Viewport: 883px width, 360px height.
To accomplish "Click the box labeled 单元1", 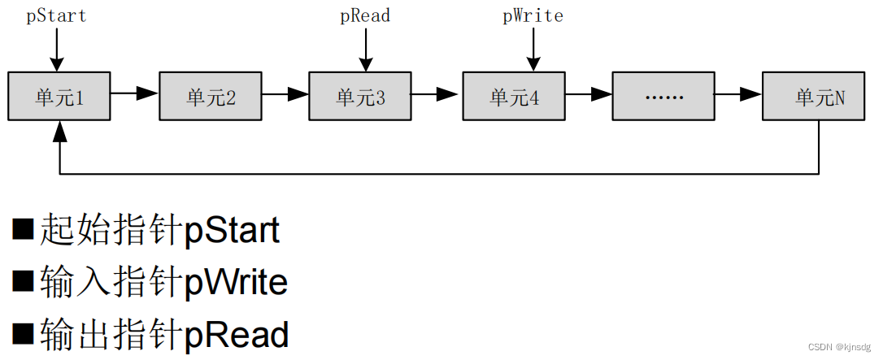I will pyautogui.click(x=59, y=97).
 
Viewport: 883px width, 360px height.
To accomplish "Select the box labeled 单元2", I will pyautogui.click(x=211, y=97).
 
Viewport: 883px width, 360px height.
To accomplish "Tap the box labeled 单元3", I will pyautogui.click(x=360, y=97).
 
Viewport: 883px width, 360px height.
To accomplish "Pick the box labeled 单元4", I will pyautogui.click(x=514, y=97).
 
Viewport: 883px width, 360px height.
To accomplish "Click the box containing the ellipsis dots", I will pyautogui.click(x=663, y=97).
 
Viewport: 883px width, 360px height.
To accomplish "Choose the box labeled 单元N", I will pyautogui.click(x=814, y=97).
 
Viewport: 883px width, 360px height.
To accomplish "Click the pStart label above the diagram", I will pyautogui.click(x=56, y=15).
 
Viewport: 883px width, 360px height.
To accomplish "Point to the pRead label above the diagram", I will pyautogui.click(x=365, y=15).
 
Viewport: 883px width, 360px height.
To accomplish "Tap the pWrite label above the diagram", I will pyautogui.click(x=533, y=15).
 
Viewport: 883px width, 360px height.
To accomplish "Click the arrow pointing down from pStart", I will pyautogui.click(x=56, y=50).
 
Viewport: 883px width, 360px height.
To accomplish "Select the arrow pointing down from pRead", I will pyautogui.click(x=365, y=50).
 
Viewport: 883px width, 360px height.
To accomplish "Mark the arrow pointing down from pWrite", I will pyautogui.click(x=533, y=50).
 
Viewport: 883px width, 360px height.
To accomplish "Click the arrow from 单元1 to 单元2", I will pyautogui.click(x=134, y=93).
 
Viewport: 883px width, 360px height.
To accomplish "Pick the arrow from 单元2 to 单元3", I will pyautogui.click(x=285, y=94).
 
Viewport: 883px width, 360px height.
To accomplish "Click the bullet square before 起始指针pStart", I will pyautogui.click(x=24, y=230).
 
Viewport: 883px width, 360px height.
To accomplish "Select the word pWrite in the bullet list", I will pyautogui.click(x=236, y=283).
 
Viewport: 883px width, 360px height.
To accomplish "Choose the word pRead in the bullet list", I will pyautogui.click(x=237, y=335).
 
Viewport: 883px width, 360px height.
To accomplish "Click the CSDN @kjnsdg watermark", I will pyautogui.click(x=834, y=346).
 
